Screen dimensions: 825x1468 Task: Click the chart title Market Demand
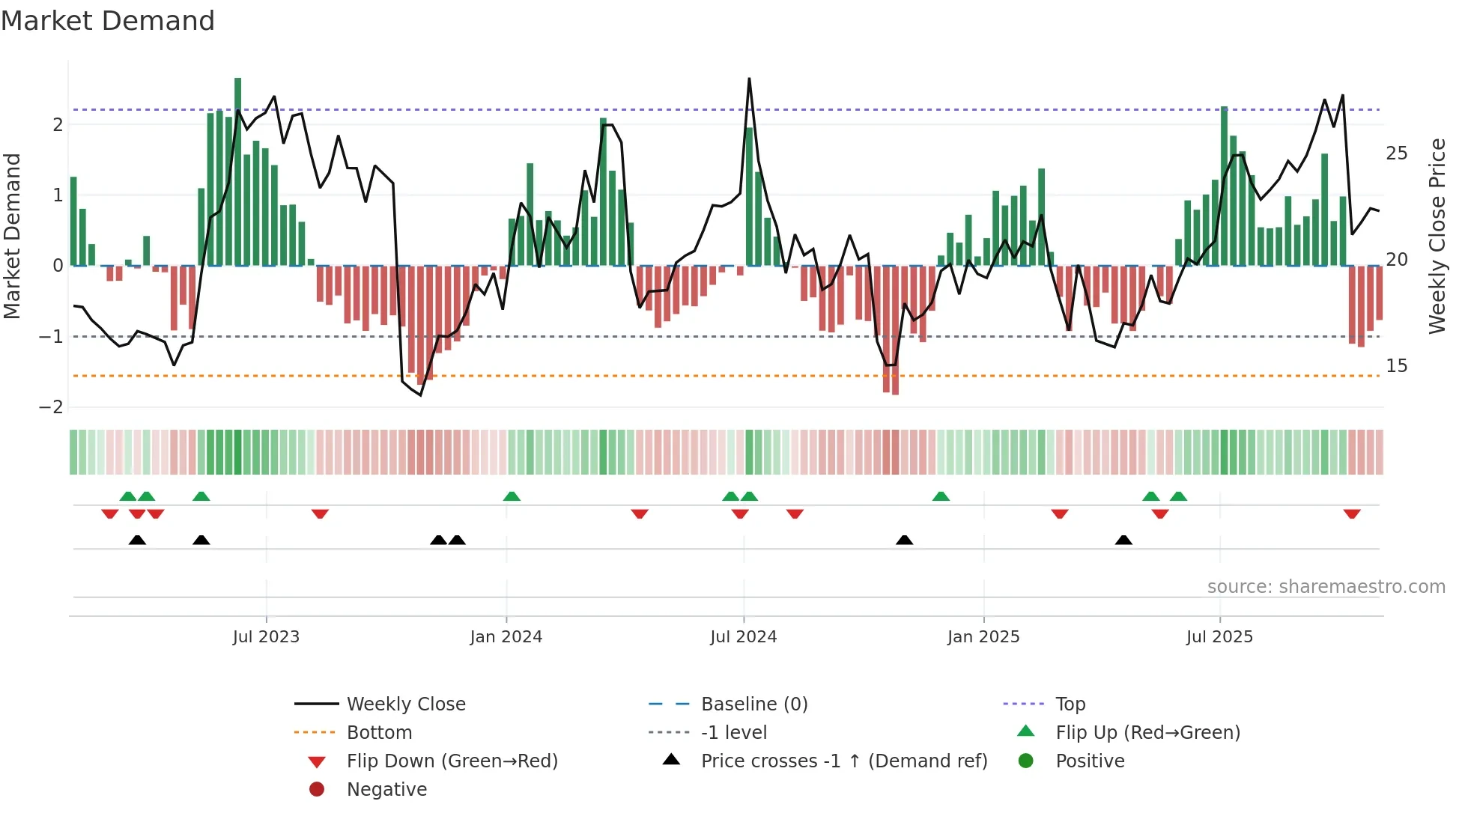(108, 21)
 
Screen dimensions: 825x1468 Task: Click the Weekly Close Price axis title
(1437, 236)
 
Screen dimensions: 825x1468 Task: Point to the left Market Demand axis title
(13, 236)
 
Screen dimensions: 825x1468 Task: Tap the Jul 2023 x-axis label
(266, 637)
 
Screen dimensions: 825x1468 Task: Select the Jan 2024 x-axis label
(506, 637)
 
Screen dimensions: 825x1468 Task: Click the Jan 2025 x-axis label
(983, 637)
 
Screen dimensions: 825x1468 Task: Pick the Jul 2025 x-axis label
(1219, 637)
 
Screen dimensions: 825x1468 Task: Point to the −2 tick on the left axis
(51, 407)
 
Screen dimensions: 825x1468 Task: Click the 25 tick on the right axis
(1396, 153)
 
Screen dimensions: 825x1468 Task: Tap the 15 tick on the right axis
(1396, 366)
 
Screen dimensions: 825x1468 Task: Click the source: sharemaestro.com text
(1326, 587)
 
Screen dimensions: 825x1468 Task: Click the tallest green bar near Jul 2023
(237, 172)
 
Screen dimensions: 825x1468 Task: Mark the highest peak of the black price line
(749, 79)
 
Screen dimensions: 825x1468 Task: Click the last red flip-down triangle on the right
(1351, 514)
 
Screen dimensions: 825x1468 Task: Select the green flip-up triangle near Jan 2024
(512, 496)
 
